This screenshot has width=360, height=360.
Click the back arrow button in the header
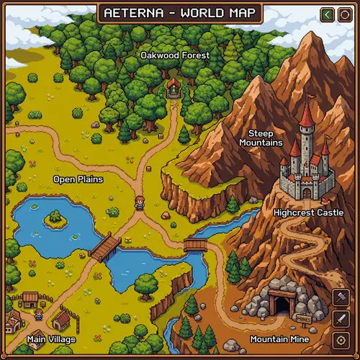click(x=327, y=14)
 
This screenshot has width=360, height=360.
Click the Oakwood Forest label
click(x=175, y=55)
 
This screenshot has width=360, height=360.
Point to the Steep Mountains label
click(x=261, y=138)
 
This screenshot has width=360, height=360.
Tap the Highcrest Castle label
click(x=309, y=212)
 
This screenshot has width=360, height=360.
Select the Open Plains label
click(x=78, y=179)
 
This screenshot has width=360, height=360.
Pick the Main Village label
click(x=51, y=338)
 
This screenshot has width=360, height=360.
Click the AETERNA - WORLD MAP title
click(x=180, y=14)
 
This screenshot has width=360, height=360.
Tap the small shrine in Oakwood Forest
click(x=174, y=88)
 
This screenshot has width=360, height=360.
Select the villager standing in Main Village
click(x=39, y=314)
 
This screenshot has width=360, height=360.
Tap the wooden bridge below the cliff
click(x=195, y=246)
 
